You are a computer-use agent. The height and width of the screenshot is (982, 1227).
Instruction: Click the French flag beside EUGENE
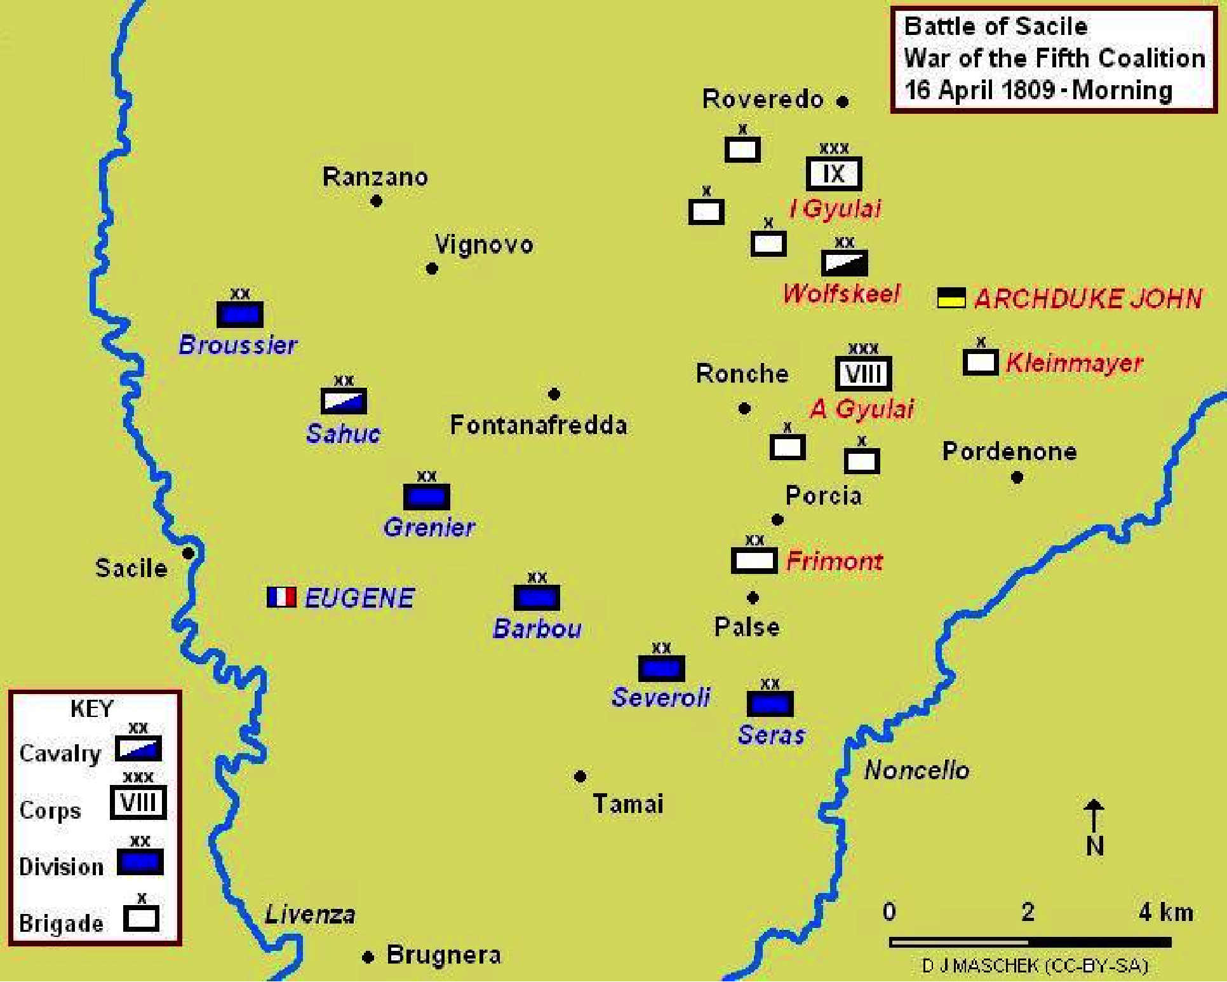[281, 597]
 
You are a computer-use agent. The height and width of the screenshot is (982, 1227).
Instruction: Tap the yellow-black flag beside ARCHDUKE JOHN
[951, 297]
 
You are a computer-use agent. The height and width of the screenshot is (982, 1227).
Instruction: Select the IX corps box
[834, 174]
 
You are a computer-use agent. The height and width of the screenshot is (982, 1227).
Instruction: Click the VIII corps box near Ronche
[863, 374]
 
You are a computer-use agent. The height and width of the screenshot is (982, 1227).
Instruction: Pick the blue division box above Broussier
[239, 314]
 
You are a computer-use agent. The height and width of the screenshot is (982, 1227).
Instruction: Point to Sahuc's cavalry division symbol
[344, 401]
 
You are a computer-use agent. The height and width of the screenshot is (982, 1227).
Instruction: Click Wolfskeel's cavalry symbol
[844, 263]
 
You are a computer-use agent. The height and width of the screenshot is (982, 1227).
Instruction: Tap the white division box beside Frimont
[754, 561]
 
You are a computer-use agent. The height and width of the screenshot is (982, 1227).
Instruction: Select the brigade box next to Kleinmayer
[981, 362]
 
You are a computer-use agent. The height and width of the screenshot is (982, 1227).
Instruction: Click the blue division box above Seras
[770, 704]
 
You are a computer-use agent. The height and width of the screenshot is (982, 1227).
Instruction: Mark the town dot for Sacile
[188, 554]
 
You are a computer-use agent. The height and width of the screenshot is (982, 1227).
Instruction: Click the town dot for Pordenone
[1017, 477]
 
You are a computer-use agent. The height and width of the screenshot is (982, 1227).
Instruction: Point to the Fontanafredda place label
[539, 425]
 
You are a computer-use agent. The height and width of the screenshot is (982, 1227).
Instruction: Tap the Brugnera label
[444, 955]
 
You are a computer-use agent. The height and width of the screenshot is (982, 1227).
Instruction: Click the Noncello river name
[916, 770]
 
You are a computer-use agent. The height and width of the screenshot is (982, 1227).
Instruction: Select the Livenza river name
[310, 914]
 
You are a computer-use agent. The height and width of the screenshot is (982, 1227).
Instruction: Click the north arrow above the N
[1093, 816]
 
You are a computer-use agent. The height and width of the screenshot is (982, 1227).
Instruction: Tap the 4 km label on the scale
[1166, 912]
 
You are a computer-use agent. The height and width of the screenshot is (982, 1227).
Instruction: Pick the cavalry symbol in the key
[138, 749]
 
